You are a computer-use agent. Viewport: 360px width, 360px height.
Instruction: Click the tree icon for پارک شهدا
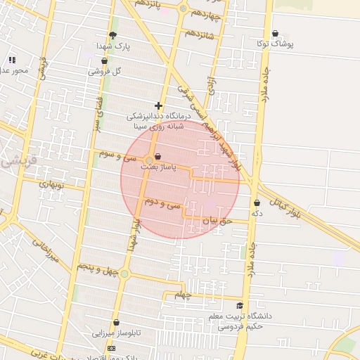pos(112,35)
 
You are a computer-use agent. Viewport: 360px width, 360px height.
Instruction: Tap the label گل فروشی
pos(105,71)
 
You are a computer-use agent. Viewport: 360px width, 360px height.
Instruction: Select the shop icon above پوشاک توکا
pos(274,33)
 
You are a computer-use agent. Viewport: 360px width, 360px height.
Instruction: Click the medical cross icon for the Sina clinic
pos(159,105)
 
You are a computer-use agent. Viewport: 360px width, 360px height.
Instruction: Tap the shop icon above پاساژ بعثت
pos(156,156)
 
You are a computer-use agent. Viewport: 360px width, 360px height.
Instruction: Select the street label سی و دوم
pos(165,204)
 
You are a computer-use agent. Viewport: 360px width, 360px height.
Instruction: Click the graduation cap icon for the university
pos(240,306)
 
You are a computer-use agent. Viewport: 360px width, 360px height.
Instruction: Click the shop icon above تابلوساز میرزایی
pos(116,322)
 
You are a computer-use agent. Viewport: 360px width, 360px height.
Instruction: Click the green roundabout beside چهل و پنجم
pos(124,274)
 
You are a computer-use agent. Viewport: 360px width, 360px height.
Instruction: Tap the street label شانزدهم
pos(199,34)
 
